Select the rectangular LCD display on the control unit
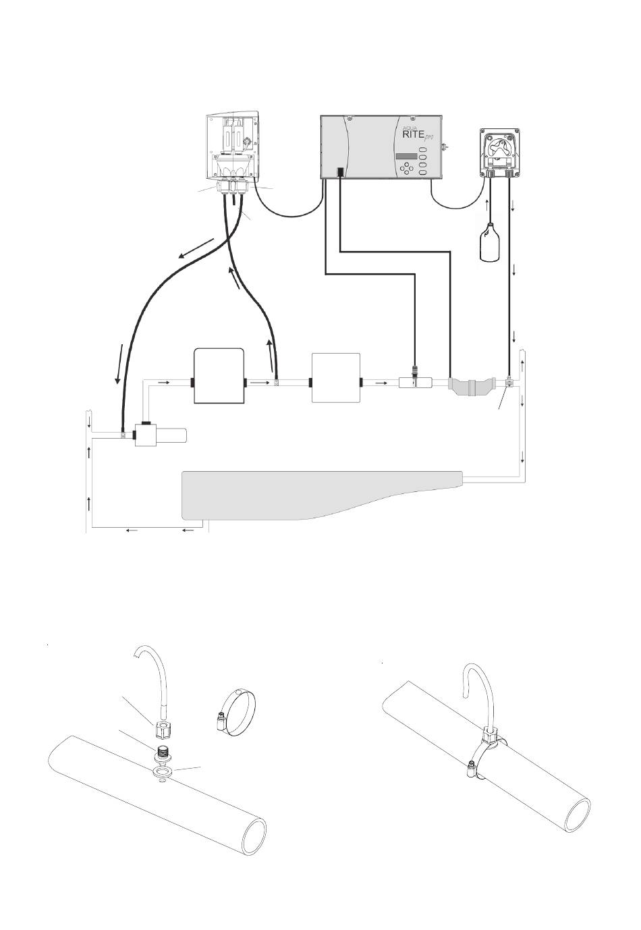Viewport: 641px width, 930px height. tap(406, 156)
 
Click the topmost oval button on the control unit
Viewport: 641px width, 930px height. tap(422, 149)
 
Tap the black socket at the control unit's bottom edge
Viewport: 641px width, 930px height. tap(340, 171)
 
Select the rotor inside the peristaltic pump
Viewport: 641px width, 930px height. tap(499, 148)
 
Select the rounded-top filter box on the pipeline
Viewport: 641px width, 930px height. tap(219, 376)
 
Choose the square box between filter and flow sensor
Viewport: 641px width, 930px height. tap(335, 377)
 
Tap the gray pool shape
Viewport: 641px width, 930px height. tap(322, 495)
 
